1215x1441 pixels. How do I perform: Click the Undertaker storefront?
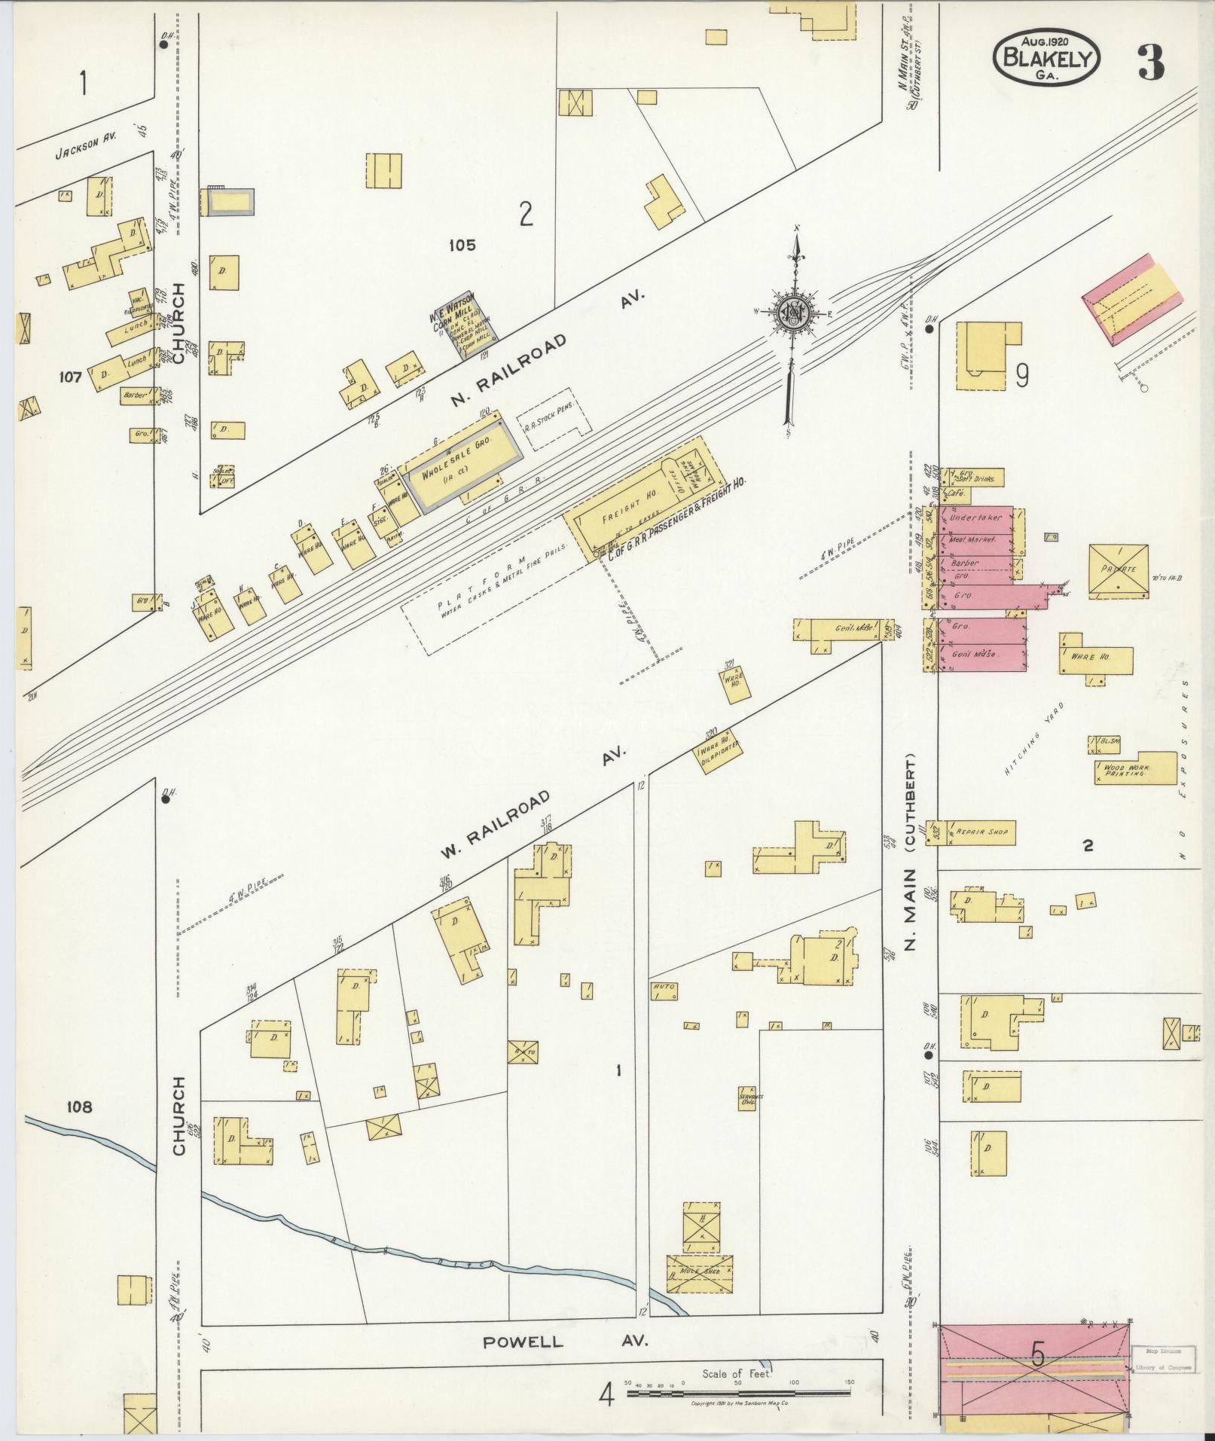pos(976,518)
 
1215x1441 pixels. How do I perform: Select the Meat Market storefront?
pos(973,540)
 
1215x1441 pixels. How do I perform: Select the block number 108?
pos(79,1107)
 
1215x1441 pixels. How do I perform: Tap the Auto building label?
pos(664,987)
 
